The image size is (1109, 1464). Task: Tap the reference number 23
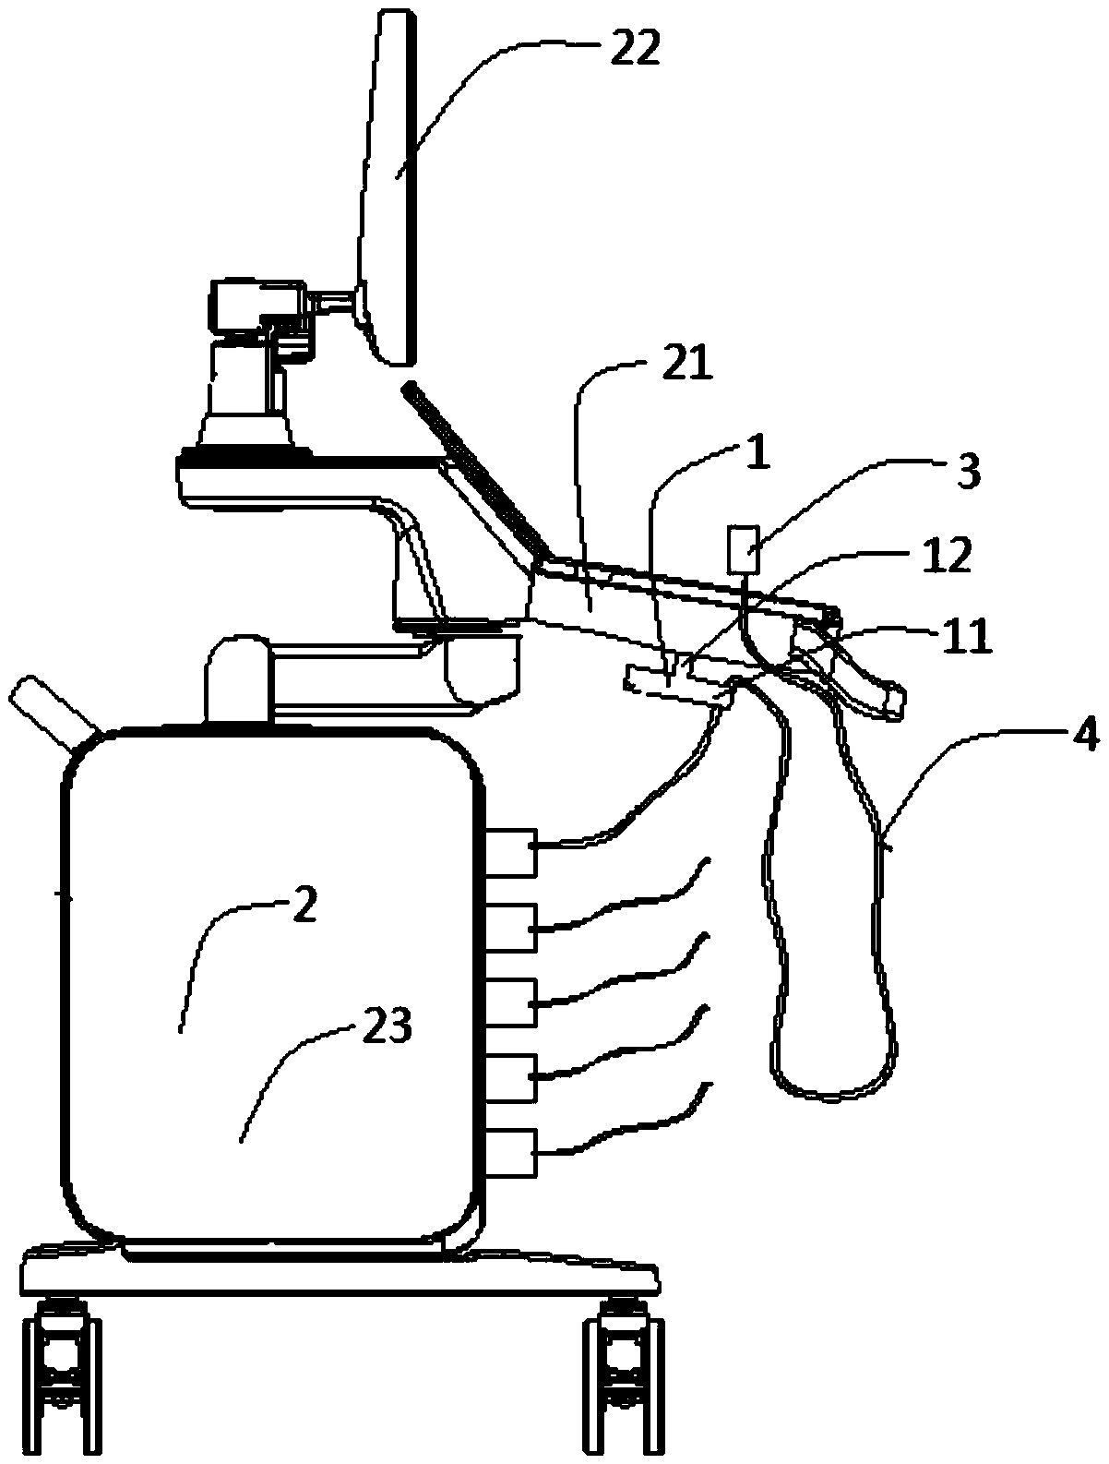coord(388,1026)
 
